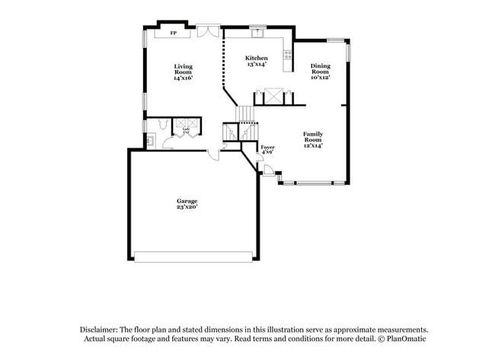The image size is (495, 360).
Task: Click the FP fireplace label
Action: click(173, 33)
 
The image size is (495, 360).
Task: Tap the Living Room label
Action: click(183, 72)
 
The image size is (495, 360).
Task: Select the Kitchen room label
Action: click(256, 61)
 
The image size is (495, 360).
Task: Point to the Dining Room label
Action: click(320, 71)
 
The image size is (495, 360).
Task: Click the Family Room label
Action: click(313, 139)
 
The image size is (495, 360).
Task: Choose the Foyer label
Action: click(267, 149)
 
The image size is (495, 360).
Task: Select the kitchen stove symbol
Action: click(288, 53)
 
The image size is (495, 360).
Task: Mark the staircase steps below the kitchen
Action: click(245, 113)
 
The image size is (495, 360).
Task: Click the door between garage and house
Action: click(215, 155)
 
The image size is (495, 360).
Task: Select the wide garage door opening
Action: click(193, 253)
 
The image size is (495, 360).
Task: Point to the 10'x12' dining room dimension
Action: click(320, 77)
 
